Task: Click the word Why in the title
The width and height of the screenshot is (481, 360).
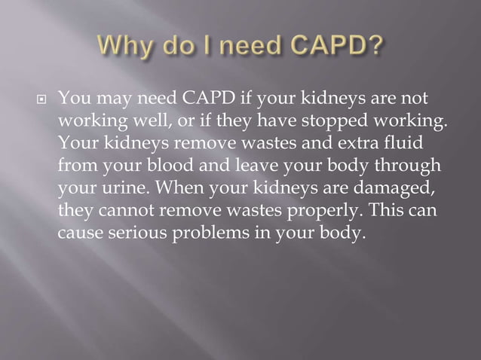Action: tap(123, 46)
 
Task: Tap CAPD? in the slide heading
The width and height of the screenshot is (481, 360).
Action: tap(331, 46)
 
